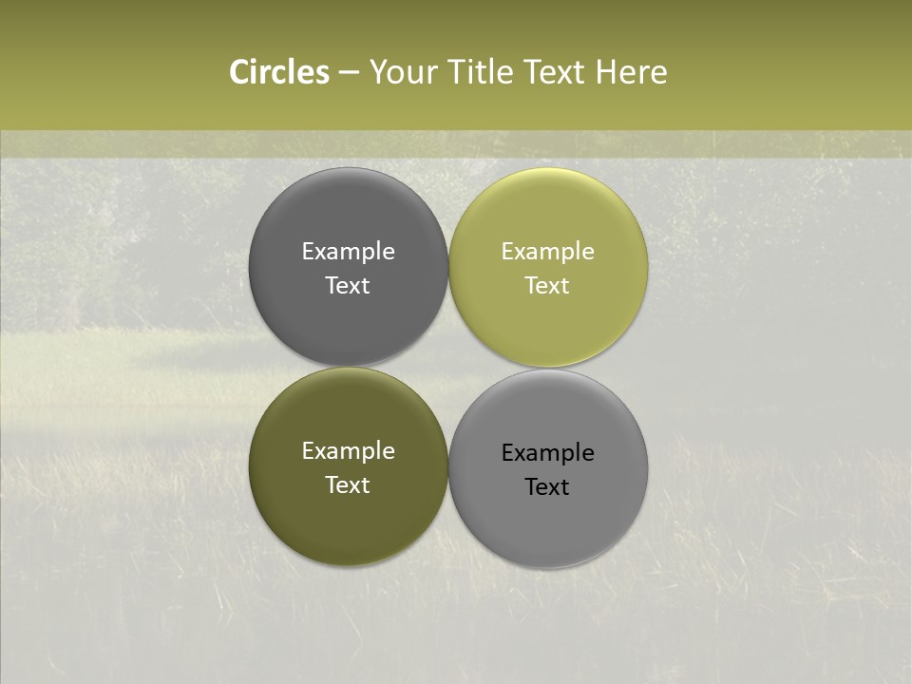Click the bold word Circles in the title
click(x=278, y=72)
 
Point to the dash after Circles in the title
click(x=349, y=73)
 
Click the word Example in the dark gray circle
click(x=348, y=252)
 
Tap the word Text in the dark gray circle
click(x=348, y=286)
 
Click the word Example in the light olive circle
click(x=547, y=252)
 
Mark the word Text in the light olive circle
click(x=547, y=286)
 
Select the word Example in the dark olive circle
click(x=348, y=451)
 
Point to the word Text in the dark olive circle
click(x=348, y=485)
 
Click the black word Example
click(x=547, y=453)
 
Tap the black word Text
click(x=547, y=487)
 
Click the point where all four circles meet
click(x=448, y=368)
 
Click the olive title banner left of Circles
click(x=114, y=72)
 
